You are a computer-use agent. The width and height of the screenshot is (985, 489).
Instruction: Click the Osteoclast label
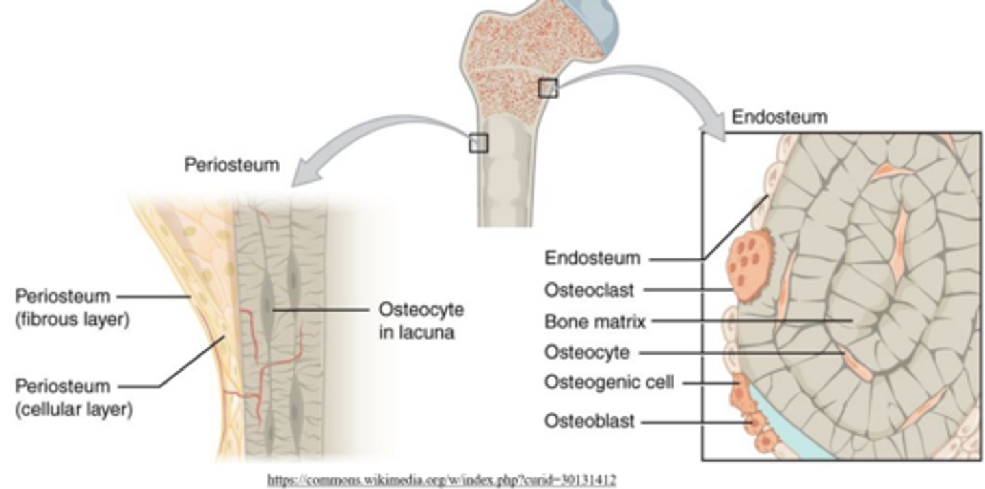tap(589, 290)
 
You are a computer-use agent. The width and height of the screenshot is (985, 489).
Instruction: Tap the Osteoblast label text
tap(589, 421)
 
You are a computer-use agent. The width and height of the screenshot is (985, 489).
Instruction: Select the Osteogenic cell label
tap(609, 381)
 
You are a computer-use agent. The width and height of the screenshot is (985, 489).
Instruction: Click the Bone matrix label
tap(595, 321)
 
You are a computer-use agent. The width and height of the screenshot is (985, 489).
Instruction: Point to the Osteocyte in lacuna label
tap(421, 321)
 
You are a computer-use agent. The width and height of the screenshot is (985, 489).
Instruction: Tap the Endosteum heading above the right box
tap(779, 117)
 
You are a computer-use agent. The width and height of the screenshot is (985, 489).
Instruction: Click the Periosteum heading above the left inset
tap(232, 165)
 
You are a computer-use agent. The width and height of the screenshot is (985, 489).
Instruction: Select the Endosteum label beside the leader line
tap(592, 258)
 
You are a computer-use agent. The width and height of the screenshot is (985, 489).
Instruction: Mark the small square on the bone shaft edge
tap(478, 142)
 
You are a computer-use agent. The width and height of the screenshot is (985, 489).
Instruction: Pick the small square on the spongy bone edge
tap(548, 88)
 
